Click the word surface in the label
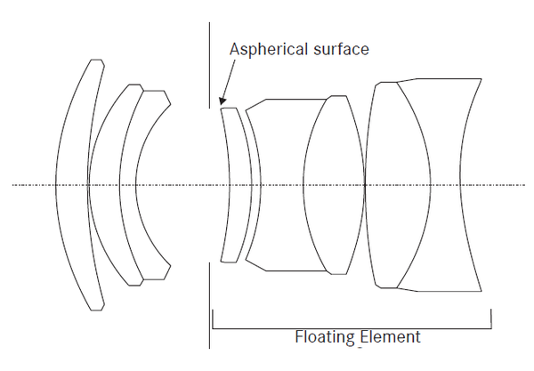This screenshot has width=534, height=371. tap(341, 49)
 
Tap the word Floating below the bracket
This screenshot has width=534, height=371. tap(325, 338)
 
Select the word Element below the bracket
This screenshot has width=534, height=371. tap(390, 337)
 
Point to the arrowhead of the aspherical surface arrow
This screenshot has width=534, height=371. tap(222, 101)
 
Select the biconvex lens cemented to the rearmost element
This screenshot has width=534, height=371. tap(398, 185)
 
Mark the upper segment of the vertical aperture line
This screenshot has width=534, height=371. tap(209, 65)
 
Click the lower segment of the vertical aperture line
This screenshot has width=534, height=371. tap(209, 305)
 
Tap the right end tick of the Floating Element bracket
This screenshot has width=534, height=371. tap(491, 319)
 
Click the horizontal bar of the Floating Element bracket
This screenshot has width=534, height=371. tap(352, 329)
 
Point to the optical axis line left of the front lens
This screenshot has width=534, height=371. tap(34, 185)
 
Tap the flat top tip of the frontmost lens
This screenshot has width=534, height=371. tap(96, 60)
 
